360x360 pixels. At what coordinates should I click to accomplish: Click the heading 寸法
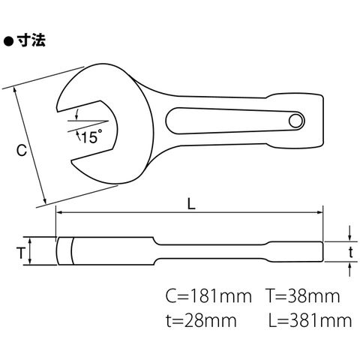click(31, 40)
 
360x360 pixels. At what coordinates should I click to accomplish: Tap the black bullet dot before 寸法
click(8, 41)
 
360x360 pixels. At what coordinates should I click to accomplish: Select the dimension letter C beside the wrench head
click(22, 151)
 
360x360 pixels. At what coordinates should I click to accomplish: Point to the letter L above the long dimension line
click(191, 205)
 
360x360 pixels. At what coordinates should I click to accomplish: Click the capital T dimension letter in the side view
click(21, 253)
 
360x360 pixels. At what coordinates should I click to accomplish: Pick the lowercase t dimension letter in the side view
click(351, 252)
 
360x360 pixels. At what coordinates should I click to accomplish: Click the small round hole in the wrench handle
click(295, 121)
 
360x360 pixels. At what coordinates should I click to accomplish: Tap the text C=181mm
click(208, 296)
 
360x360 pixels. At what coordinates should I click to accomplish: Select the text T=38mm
click(302, 296)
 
